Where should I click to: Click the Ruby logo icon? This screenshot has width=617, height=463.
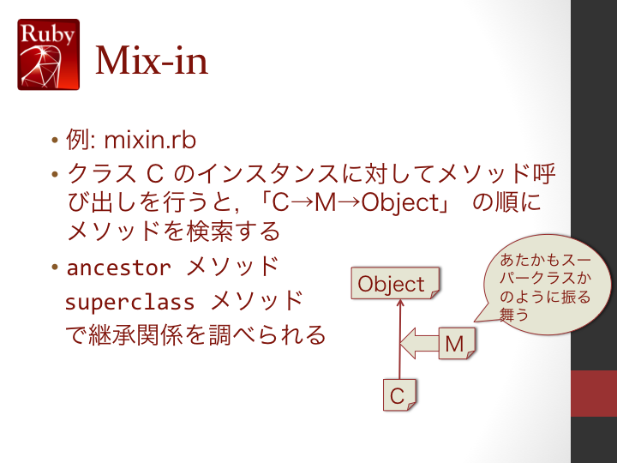pos(48,54)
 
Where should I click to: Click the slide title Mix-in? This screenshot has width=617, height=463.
pos(152,60)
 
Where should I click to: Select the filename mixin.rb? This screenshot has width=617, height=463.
pos(150,140)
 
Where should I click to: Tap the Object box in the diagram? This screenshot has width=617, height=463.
pos(395,283)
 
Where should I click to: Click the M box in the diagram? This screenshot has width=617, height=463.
pos(457,343)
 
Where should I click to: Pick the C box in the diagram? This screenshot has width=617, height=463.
pos(399,395)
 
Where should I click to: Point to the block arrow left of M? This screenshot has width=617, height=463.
pos(419,343)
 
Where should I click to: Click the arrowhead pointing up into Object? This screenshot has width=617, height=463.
pos(400,304)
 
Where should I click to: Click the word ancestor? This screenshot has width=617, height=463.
pos(119,268)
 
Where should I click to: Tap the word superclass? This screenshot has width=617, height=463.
pos(130,303)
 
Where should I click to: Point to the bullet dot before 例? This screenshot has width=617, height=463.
pos(55,140)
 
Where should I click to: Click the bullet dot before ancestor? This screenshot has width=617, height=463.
pos(55,268)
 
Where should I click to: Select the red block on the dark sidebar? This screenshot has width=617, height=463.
pos(594,394)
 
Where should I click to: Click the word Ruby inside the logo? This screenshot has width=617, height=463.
pos(48,33)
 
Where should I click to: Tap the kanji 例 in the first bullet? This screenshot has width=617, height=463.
pos(78,140)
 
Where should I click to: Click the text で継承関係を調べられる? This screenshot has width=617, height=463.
pos(195,335)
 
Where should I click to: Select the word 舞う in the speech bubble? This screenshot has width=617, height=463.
pos(513,314)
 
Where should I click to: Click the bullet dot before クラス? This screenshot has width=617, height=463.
pos(55,173)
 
